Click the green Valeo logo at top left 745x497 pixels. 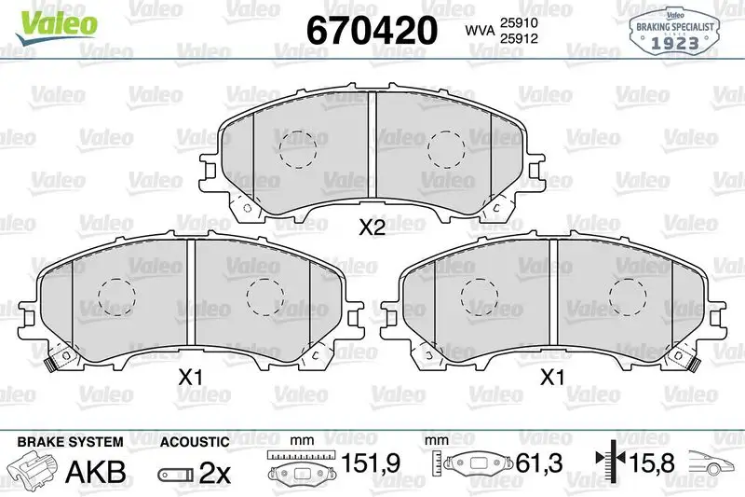[56, 27]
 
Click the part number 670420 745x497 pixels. [372, 30]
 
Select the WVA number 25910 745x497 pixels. [519, 22]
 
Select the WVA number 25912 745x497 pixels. [519, 38]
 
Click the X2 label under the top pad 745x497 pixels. [372, 228]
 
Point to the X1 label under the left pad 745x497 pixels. [191, 378]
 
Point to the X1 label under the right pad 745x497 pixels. [552, 378]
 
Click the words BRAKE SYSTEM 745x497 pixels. [71, 442]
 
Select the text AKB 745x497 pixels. [96, 472]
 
